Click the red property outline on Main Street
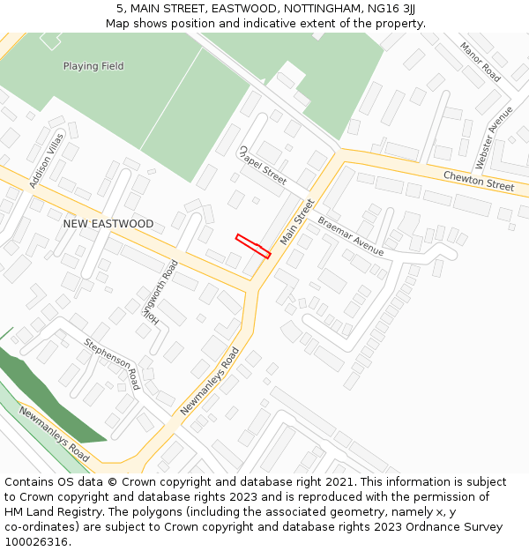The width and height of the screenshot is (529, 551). point(253,246)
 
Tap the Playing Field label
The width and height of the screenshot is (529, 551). point(93,66)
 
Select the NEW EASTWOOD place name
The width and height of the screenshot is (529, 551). point(108,224)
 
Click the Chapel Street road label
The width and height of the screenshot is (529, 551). point(263,165)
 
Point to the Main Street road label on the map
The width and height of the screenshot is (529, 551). point(297,222)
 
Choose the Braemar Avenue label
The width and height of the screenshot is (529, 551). point(351,236)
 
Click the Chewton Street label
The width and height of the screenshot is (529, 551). point(478,181)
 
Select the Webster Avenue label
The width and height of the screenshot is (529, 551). point(494,138)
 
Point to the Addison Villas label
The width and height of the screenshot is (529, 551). point(47,160)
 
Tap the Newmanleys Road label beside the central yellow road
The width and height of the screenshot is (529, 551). point(210,382)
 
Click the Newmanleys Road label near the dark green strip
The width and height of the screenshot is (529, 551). point(55,434)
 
